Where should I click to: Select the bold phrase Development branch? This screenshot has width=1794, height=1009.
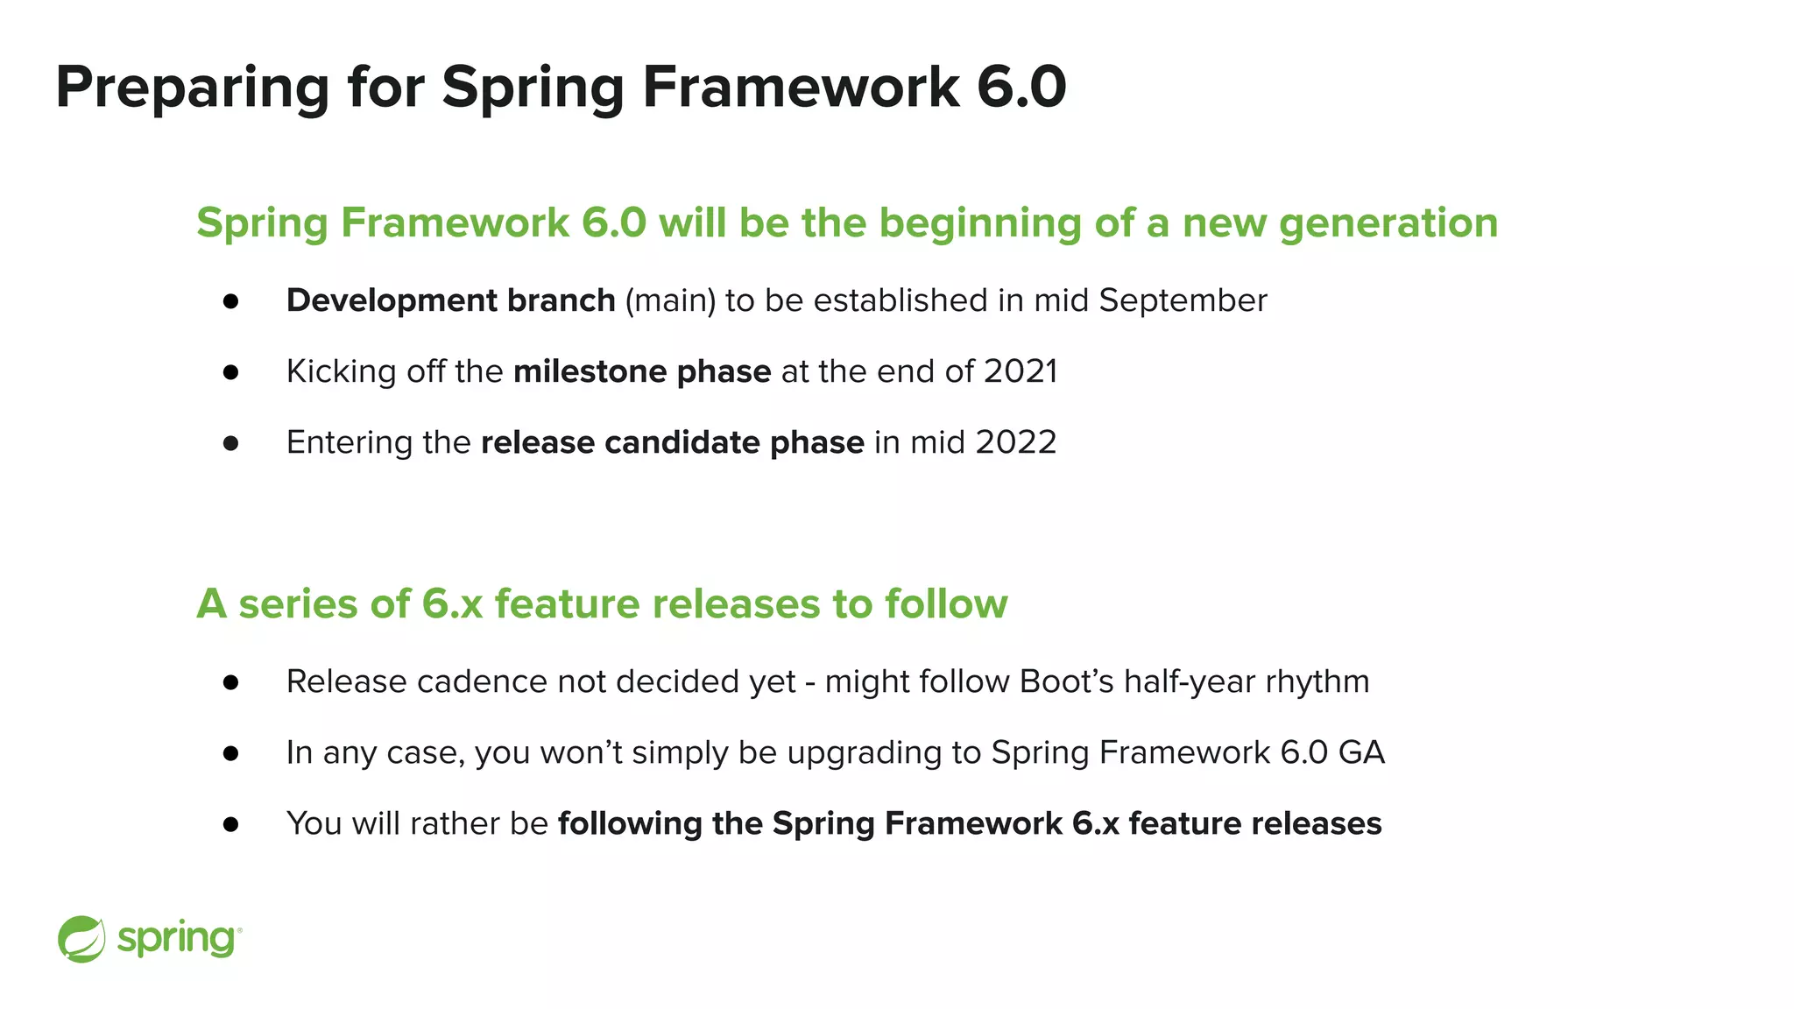coord(450,300)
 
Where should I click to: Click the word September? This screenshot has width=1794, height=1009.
coord(1183,300)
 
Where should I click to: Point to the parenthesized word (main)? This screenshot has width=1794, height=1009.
coord(670,300)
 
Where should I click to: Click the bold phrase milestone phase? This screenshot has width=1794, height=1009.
coord(641,371)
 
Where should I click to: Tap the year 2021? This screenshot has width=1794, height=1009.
coord(1021,371)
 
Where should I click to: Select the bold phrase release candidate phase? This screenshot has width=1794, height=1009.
coord(672,442)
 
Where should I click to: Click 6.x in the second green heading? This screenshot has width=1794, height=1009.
coord(452,604)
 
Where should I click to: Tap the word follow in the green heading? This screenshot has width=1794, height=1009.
coord(946,604)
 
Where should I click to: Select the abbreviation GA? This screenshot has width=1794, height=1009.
coord(1361,752)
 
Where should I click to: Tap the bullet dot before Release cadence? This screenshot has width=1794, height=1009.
coord(230,682)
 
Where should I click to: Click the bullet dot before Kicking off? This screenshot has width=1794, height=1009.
coord(230,372)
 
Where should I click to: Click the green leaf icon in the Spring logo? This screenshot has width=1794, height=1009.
coord(81,939)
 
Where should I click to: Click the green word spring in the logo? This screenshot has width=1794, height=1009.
coord(176,940)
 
